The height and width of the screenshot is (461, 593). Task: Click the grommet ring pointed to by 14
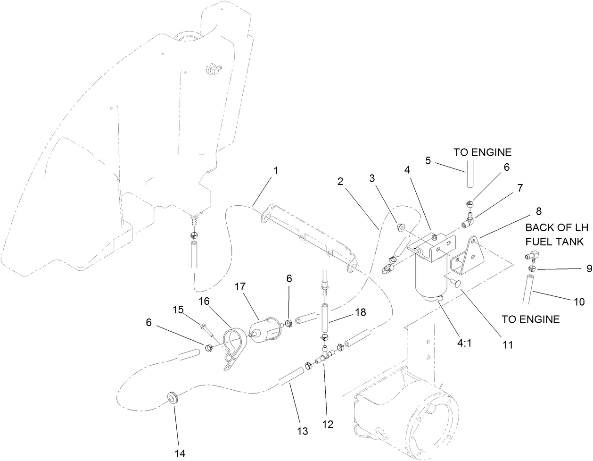pos(173,397)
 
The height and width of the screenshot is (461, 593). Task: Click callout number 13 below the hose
pos(302,431)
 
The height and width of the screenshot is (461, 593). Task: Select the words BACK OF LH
pos(557,227)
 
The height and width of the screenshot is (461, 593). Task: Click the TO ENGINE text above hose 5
pos(482,152)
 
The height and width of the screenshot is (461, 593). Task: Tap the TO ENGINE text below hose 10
pos(530,319)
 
